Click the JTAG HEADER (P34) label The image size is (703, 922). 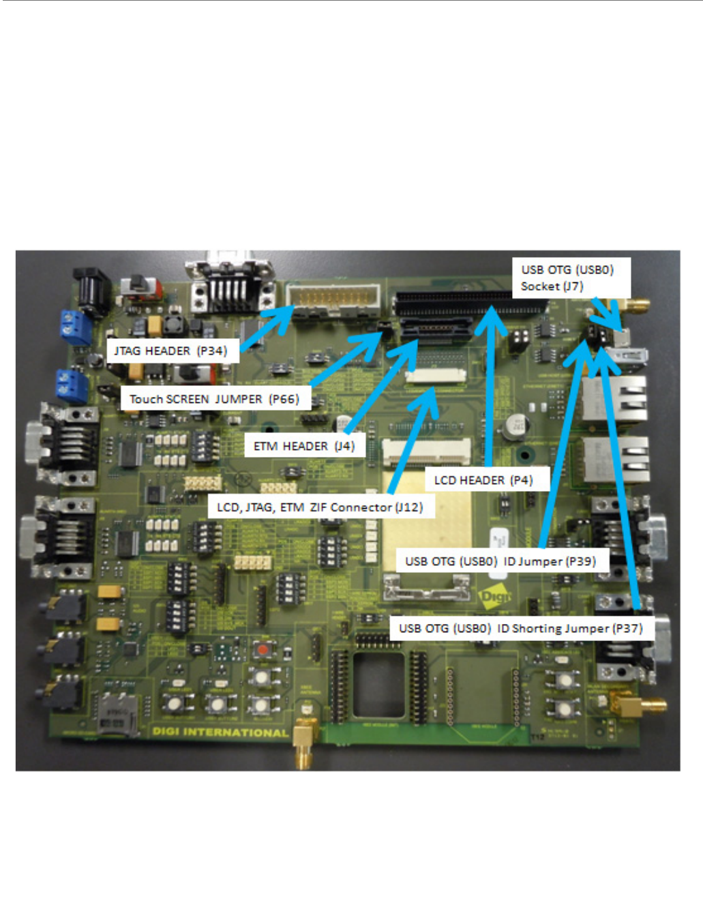171,351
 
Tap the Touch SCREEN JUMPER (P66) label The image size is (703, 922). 215,399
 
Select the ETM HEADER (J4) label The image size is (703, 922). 304,446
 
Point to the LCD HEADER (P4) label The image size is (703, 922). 483,480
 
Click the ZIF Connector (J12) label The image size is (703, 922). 320,507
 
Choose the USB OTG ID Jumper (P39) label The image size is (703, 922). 500,561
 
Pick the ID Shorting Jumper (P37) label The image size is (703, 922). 521,628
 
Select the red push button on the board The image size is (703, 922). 262,649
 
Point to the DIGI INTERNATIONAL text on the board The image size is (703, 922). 220,732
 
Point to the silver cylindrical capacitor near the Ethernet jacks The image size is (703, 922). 515,428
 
